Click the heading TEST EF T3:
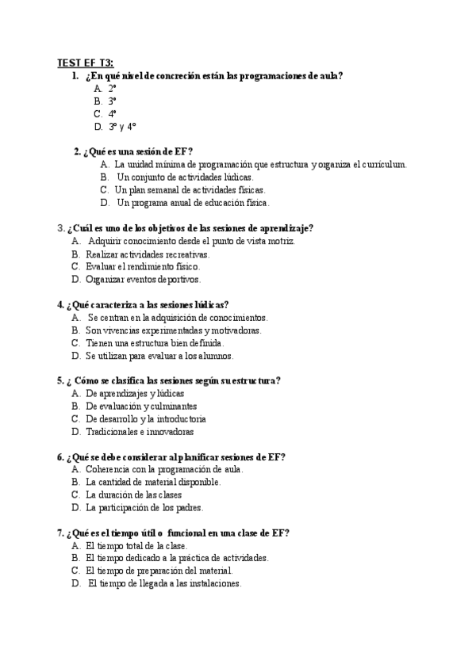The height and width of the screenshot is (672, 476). coord(85,63)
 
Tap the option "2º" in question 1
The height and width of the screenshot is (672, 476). coord(113,89)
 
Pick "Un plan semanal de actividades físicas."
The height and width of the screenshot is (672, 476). coord(190,190)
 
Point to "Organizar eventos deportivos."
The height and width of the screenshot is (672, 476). coord(144,280)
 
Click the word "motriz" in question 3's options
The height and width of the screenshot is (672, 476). coord(282,241)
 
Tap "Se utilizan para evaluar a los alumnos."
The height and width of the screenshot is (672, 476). coord(160,356)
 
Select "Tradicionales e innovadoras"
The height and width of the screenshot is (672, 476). coord(140,432)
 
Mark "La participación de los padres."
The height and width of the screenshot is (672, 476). coord(144,508)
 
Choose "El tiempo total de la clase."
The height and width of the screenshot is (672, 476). coord(136,546)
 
